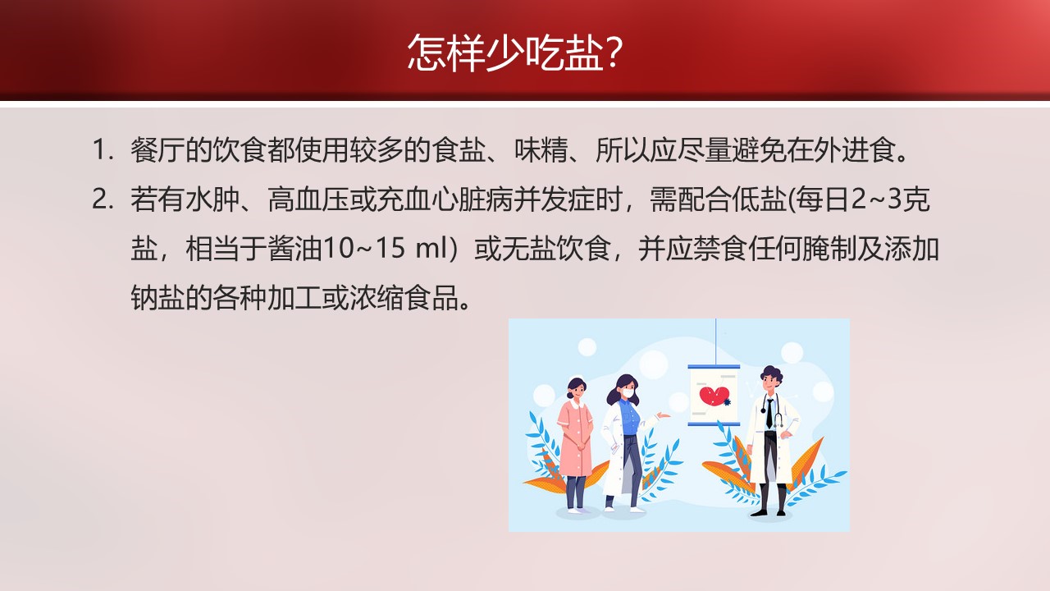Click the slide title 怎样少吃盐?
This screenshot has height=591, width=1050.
(514, 52)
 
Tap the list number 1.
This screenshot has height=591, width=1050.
(103, 150)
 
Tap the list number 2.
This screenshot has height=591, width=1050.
(103, 199)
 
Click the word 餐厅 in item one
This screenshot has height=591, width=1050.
(157, 150)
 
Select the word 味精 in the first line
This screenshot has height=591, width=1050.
(541, 150)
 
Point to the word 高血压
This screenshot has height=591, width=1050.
(308, 199)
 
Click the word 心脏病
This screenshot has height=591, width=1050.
(472, 199)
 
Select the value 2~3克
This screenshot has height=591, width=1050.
(890, 199)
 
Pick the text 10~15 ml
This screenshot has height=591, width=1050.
(386, 249)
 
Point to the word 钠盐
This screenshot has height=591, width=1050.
(157, 298)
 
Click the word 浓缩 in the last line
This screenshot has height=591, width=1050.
(377, 298)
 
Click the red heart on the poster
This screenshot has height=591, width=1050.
(714, 395)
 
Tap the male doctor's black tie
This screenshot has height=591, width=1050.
(769, 413)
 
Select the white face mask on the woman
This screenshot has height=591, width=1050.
(628, 392)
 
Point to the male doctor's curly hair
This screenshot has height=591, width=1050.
(772, 374)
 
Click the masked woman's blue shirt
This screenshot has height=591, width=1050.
(629, 416)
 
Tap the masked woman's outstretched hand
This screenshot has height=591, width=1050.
(664, 415)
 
